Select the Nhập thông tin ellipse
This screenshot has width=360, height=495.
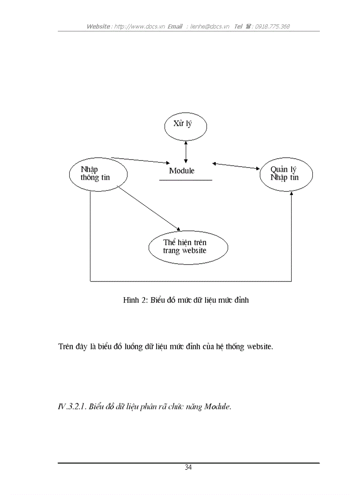click(98, 174)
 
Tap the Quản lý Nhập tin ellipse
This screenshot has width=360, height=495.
click(285, 175)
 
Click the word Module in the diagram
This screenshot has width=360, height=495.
click(182, 171)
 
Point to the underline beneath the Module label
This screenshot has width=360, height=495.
click(185, 180)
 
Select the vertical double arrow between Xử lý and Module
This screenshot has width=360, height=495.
click(186, 152)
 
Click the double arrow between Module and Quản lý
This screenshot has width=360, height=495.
click(236, 166)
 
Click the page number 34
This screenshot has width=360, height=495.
click(188, 468)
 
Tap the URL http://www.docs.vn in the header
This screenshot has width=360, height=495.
click(139, 26)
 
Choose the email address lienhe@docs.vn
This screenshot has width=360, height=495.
click(210, 26)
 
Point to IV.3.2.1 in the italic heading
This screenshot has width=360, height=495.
click(71, 407)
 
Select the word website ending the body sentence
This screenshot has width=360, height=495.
click(259, 346)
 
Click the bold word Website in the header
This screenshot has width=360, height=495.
click(98, 26)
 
